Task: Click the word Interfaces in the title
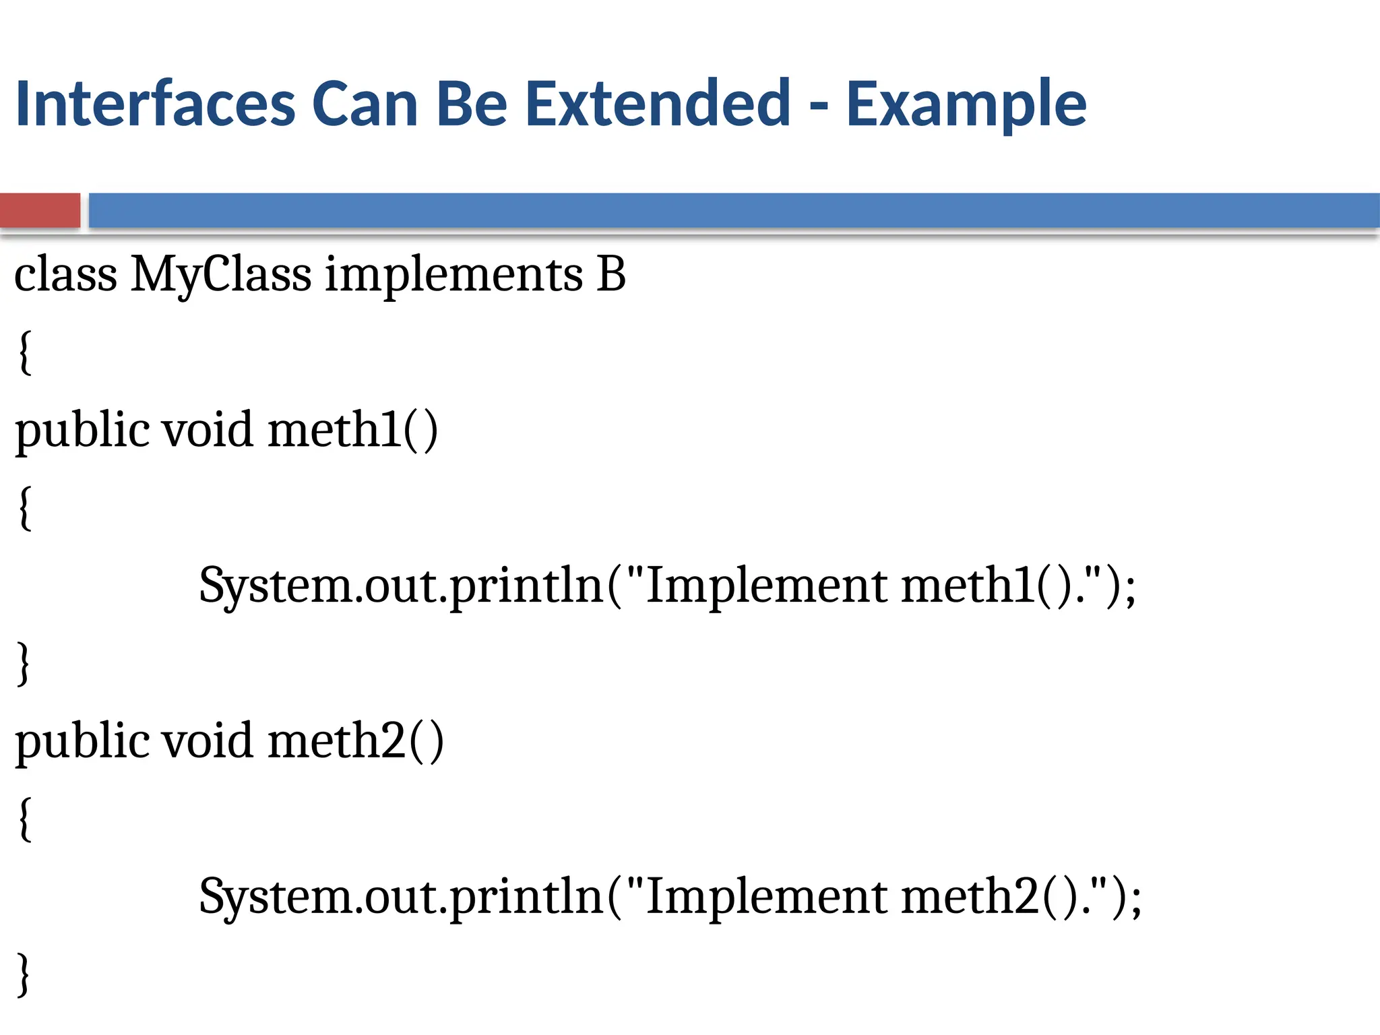(155, 104)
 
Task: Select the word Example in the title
(966, 105)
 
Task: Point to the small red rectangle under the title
(40, 210)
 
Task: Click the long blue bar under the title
(733, 210)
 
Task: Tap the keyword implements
(453, 275)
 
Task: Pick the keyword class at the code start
(66, 275)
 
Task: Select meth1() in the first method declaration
(352, 429)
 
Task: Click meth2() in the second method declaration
(355, 741)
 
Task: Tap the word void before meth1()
(208, 429)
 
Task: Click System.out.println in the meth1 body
(400, 585)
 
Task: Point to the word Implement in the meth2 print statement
(766, 897)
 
